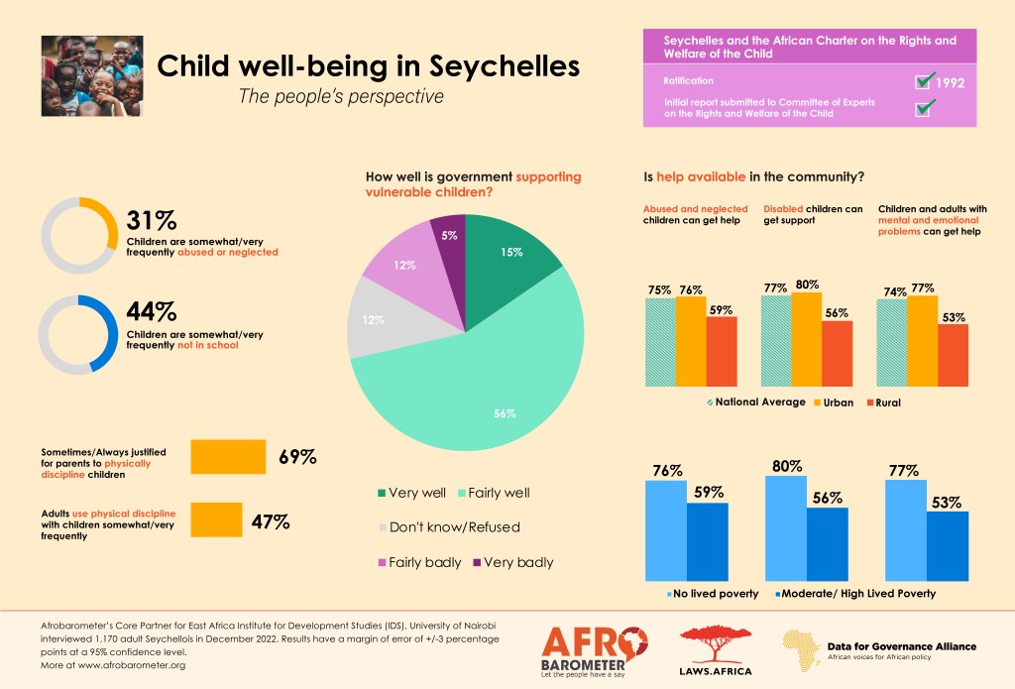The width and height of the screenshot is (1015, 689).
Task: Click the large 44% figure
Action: click(x=152, y=311)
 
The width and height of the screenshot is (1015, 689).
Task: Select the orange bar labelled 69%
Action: click(x=228, y=457)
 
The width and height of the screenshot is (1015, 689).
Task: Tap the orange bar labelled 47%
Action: click(x=216, y=519)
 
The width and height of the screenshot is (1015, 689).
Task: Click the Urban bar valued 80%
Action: click(x=807, y=339)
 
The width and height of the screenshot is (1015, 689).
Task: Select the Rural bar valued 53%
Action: click(x=953, y=355)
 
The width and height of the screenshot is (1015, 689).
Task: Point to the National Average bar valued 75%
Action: click(x=660, y=342)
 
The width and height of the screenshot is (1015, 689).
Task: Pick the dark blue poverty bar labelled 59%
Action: click(x=708, y=541)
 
